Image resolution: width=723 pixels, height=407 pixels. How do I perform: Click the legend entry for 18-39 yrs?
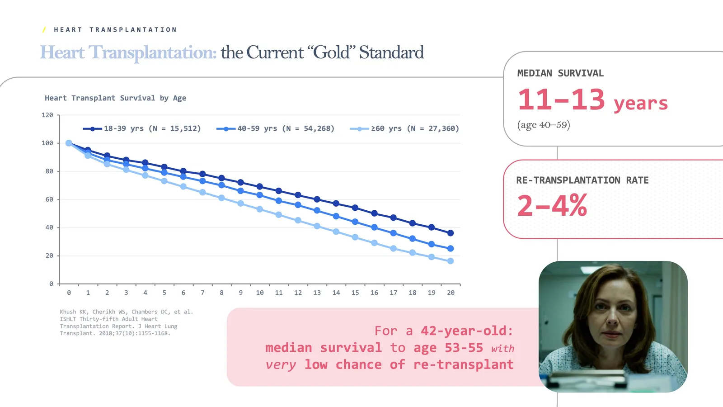pos(142,128)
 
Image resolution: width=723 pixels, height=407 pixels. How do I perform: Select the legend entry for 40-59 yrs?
pos(276,128)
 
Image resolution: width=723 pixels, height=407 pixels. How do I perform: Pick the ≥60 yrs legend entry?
pos(405,128)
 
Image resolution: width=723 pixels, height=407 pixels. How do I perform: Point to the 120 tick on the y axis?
pos(47,115)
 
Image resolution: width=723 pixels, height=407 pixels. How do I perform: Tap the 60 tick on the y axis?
pos(49,199)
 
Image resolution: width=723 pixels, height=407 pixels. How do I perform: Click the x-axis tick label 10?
pos(260,293)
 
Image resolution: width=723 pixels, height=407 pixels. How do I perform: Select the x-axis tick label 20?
pos(451,293)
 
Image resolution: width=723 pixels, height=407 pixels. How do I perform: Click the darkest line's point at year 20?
pos(451,233)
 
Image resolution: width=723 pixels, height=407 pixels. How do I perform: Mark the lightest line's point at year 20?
pos(451,261)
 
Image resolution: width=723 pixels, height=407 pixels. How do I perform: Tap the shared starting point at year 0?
pos(69,143)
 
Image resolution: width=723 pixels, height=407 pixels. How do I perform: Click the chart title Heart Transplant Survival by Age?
pos(115,98)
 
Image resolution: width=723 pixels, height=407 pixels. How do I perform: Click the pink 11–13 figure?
pos(561,100)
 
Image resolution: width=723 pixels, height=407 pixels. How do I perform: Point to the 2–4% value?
pos(552,206)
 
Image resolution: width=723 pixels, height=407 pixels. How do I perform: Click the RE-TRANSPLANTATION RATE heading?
pos(582,180)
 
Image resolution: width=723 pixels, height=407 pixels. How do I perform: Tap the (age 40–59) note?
pos(544,125)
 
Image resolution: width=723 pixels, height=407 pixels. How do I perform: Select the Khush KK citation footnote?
pos(126,322)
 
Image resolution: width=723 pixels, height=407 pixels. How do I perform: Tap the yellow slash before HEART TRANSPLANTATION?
pos(44,30)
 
